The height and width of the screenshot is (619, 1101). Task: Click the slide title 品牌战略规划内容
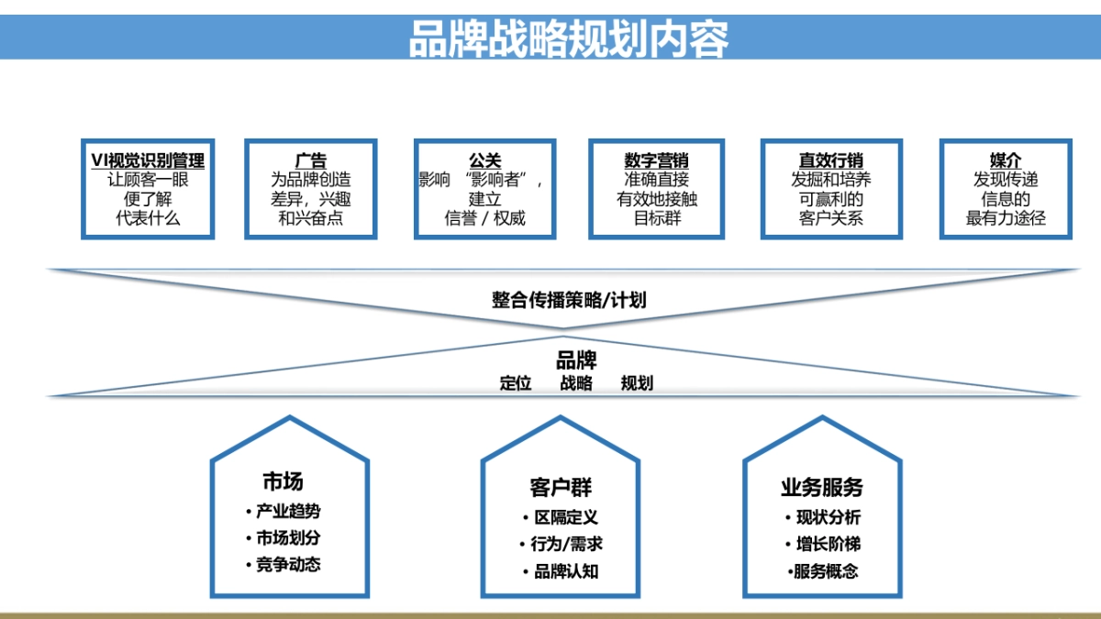click(569, 39)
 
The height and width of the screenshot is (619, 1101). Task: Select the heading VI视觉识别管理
click(148, 160)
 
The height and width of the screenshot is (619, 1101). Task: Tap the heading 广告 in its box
click(311, 160)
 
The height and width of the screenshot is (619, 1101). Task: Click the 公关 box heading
click(484, 160)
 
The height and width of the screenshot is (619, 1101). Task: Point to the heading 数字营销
click(656, 160)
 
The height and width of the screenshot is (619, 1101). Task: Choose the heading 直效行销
click(831, 160)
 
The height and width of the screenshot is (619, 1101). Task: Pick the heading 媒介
click(1006, 160)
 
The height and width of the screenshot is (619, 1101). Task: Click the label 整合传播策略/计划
click(569, 300)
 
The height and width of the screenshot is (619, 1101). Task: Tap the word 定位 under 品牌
click(516, 383)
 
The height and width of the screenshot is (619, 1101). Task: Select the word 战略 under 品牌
click(576, 383)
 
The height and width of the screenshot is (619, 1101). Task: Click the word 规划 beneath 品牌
click(637, 383)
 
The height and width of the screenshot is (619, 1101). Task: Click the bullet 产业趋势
click(288, 512)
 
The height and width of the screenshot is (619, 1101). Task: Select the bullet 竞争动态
click(288, 565)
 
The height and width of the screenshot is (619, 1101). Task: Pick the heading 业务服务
click(821, 487)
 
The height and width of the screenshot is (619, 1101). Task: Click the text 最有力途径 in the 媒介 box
click(1006, 218)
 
